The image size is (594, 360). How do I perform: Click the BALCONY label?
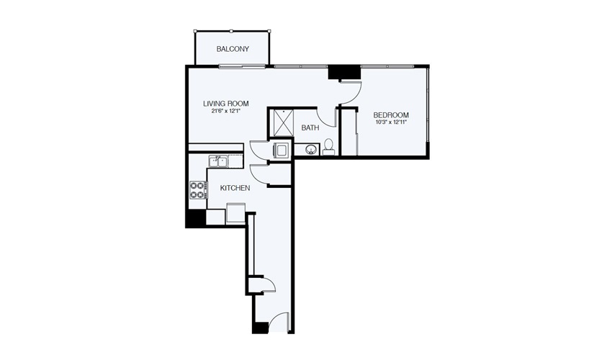point(233,49)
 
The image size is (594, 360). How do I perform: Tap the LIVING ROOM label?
point(226,104)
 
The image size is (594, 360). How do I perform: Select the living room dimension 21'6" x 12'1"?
point(226,112)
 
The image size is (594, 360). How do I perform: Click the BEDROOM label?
point(391,115)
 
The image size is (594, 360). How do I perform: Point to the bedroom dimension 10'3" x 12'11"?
point(391,122)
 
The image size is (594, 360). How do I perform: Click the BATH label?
point(310,127)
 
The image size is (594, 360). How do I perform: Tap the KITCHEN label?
point(235,188)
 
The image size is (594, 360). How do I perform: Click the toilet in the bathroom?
point(328,147)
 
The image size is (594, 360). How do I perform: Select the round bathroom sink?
point(312,149)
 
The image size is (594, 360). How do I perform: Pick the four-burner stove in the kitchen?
point(199,190)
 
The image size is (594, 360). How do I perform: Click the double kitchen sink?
point(218,162)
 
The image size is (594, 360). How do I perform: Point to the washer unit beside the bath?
point(281,150)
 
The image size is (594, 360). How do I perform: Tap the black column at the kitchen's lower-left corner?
point(195,219)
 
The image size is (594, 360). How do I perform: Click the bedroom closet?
point(349,132)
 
